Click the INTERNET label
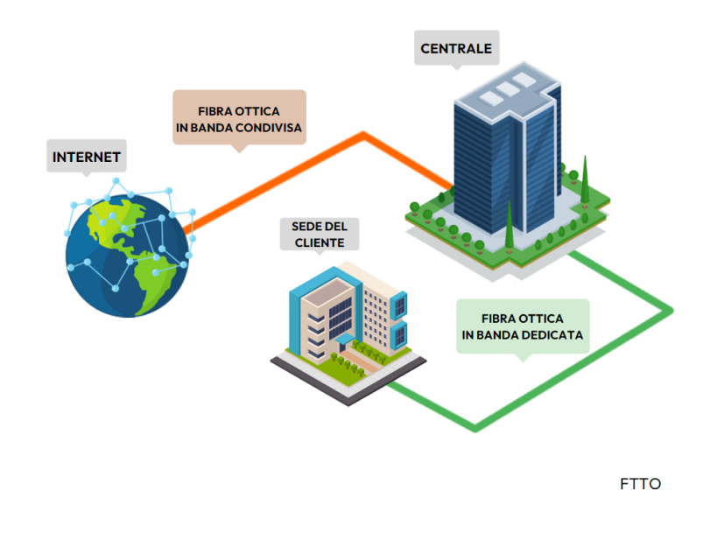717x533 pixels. click(x=86, y=158)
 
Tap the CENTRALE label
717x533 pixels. click(x=456, y=49)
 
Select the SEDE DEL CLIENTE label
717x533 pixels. click(x=320, y=234)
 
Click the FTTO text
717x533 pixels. click(x=641, y=484)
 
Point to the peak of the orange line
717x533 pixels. click(x=362, y=135)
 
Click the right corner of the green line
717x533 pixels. click(x=670, y=310)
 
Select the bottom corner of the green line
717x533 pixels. click(x=476, y=428)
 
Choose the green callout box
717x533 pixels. click(x=523, y=326)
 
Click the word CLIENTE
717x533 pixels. click(x=320, y=242)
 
